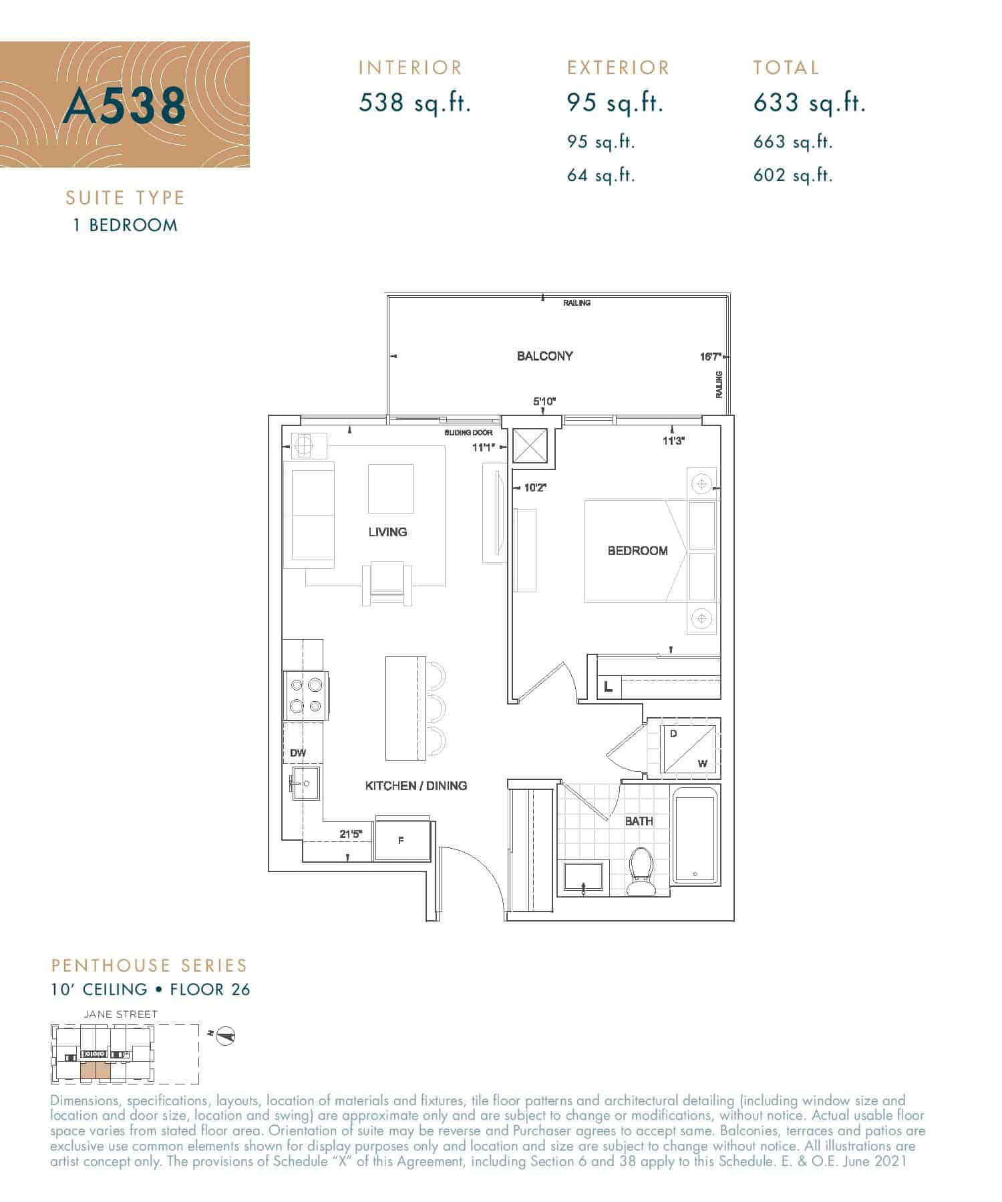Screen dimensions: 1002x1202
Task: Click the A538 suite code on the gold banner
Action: [124, 106]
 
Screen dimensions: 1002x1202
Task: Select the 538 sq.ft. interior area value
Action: [415, 103]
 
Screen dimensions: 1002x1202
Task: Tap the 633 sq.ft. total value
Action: [809, 103]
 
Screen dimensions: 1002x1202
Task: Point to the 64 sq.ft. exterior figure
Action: [601, 176]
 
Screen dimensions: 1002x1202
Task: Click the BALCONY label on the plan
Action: [544, 356]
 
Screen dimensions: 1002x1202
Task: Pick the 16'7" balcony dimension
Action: [710, 357]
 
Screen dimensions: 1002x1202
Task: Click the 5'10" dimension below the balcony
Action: [544, 401]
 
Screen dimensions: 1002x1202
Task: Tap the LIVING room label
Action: [387, 532]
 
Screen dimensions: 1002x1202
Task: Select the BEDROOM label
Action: [637, 551]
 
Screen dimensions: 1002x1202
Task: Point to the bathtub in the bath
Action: [696, 835]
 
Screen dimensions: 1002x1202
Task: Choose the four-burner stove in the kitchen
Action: [306, 695]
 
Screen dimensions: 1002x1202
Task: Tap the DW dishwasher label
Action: [298, 753]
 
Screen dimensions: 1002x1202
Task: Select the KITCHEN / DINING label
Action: [415, 786]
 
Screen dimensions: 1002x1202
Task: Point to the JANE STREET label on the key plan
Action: [121, 1014]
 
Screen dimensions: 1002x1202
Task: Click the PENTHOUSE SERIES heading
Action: [149, 966]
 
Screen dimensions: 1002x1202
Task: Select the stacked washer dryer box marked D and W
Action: [688, 748]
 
